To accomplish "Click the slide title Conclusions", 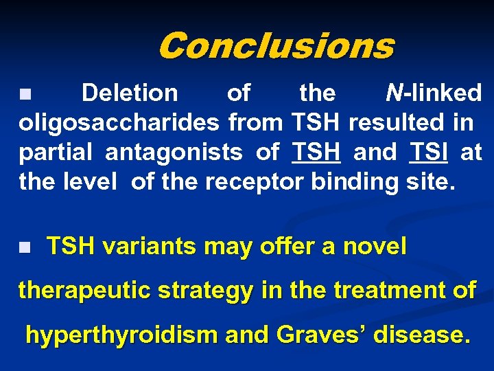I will click(x=276, y=46).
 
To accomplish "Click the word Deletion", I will click(x=130, y=93).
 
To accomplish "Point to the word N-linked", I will click(x=433, y=93).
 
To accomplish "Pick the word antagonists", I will click(x=174, y=153).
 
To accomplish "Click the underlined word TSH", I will click(x=316, y=153).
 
